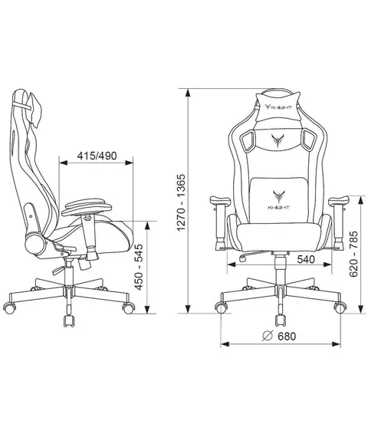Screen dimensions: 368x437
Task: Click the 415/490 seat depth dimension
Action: coord(97,156)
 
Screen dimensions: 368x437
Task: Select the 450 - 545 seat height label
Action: coord(139,267)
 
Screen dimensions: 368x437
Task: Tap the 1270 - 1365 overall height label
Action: coord(181,202)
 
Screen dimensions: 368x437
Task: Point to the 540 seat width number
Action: coord(306,259)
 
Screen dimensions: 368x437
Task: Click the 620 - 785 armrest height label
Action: coord(353,254)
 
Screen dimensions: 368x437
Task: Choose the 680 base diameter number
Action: coord(287,337)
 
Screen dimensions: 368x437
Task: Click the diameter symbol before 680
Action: coord(268,337)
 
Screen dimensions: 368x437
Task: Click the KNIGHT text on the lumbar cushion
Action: coord(279,207)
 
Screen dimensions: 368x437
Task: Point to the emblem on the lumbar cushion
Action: coord(278,197)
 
